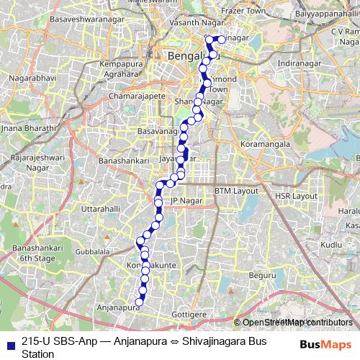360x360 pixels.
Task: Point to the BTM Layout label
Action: point(236,191)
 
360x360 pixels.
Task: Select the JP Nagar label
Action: point(184,200)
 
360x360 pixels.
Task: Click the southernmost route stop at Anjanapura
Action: point(139,302)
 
